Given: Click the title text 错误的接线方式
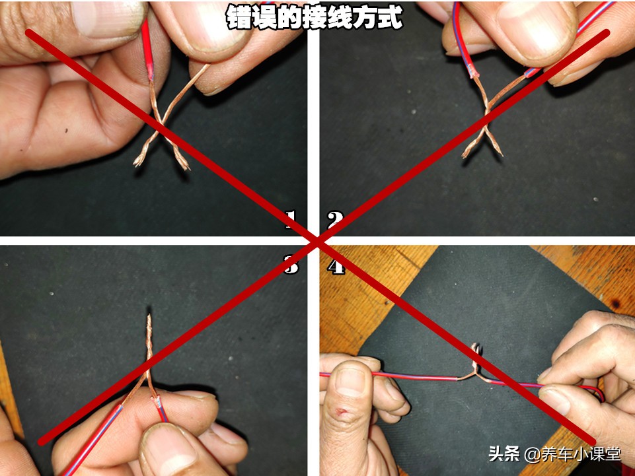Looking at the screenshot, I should [314, 18].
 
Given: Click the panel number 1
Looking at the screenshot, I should [291, 219].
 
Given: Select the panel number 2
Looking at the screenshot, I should [336, 219].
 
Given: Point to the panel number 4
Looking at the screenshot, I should [336, 267].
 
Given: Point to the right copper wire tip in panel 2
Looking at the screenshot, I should [499, 153].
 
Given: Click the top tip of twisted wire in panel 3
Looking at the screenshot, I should [149, 319].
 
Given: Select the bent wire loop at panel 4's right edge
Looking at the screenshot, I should [598, 394].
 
